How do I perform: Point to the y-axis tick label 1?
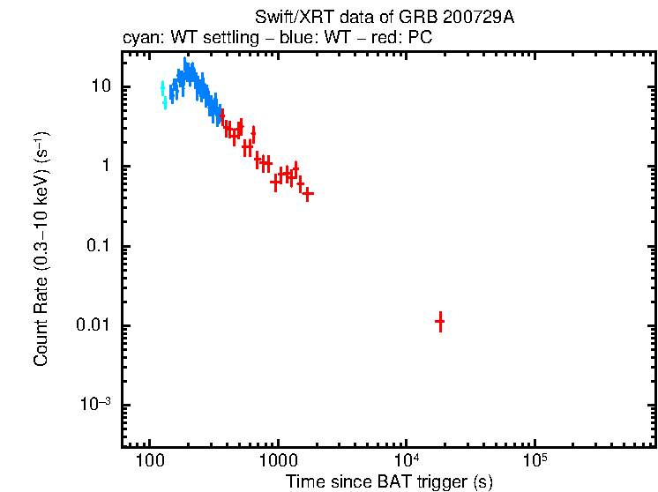click(103, 167)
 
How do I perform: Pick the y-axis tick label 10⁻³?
click(93, 405)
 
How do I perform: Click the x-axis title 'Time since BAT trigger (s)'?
click(389, 482)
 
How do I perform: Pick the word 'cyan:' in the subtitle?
click(139, 39)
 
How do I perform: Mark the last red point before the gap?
click(308, 194)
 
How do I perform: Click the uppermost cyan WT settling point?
click(162, 87)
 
